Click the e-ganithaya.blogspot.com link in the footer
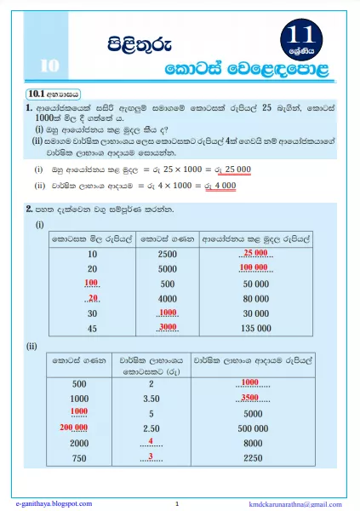coord(53,503)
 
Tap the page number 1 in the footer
coord(176,503)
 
